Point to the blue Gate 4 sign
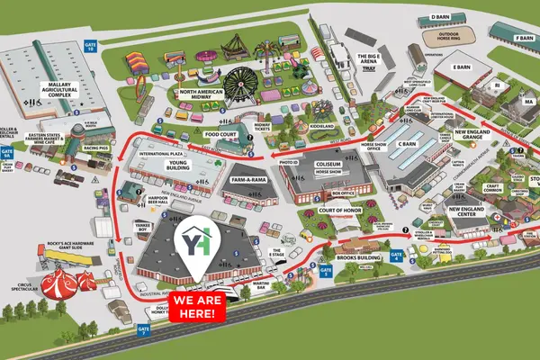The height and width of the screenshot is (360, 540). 398,256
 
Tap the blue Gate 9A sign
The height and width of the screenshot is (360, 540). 8,153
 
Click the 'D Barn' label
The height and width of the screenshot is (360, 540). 440,17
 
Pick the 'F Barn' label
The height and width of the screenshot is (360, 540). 524,38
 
